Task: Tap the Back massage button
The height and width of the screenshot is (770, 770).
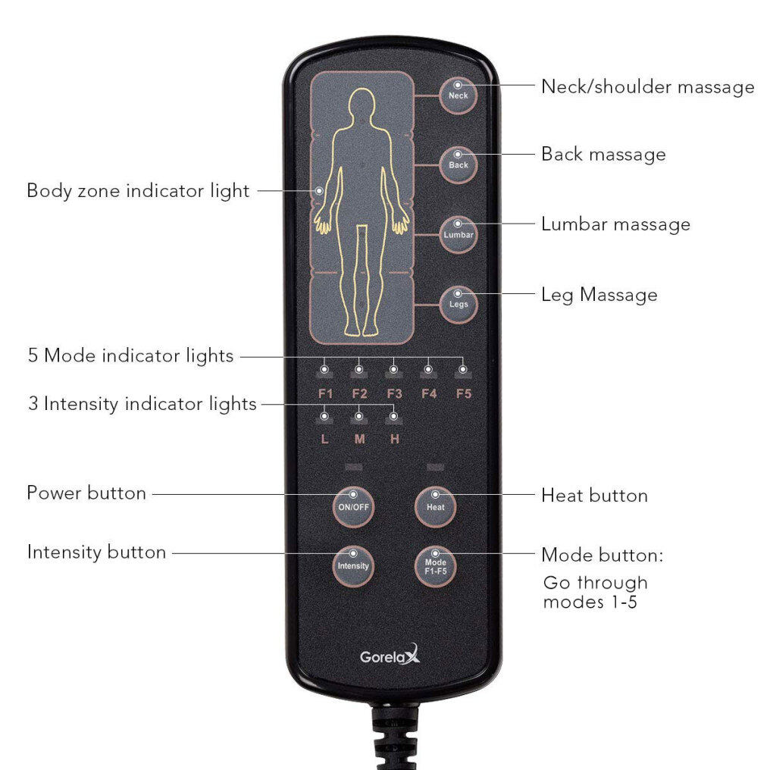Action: tap(459, 164)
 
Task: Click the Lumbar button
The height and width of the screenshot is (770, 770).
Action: tap(459, 234)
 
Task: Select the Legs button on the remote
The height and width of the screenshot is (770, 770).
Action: tap(459, 305)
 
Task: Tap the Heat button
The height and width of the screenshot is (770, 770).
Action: tap(435, 506)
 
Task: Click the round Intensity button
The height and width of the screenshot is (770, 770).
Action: tap(353, 565)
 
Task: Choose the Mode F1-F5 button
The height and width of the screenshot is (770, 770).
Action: tap(435, 566)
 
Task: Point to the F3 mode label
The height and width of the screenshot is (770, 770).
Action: tap(394, 394)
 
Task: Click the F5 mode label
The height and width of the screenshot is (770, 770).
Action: tap(464, 394)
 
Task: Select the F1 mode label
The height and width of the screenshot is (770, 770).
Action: tap(325, 394)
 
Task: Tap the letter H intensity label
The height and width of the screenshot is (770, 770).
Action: tap(394, 439)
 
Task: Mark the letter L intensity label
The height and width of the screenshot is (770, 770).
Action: tap(324, 439)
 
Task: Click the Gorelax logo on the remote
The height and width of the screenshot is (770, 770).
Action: tap(390, 656)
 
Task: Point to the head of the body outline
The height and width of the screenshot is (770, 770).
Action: tap(362, 104)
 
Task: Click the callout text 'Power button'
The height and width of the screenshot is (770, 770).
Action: tap(86, 493)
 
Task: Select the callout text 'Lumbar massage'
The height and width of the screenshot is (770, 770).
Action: tap(616, 224)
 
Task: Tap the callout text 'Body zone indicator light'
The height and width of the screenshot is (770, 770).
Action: tap(138, 191)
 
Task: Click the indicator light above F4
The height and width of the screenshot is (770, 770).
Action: tap(428, 369)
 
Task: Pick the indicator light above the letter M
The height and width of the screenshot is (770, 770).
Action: tap(359, 416)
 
